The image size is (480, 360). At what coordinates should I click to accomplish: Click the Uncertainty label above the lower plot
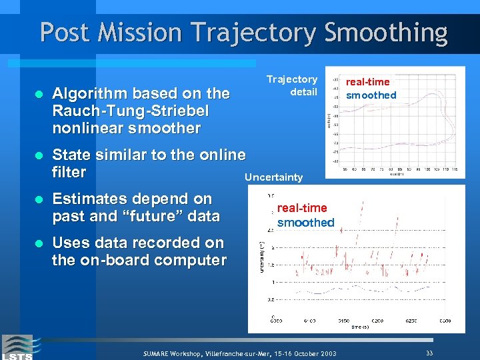[273, 177]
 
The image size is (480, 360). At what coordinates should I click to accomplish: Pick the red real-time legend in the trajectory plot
[368, 81]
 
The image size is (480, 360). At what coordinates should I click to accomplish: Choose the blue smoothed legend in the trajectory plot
[371, 95]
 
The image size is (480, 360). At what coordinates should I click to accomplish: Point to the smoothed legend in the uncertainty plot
[305, 223]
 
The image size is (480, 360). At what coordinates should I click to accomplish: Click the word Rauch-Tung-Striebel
[130, 110]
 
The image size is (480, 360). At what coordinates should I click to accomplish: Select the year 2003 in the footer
[326, 353]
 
